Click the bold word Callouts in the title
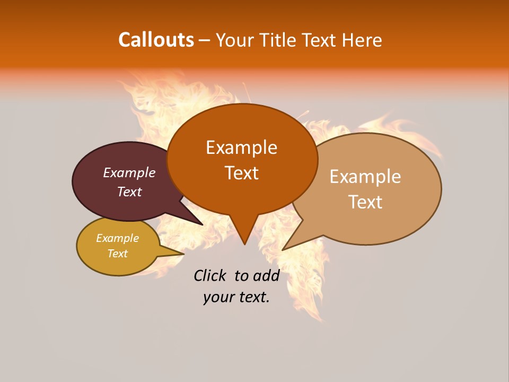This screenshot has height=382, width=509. pyautogui.click(x=156, y=40)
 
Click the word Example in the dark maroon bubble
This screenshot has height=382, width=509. pyautogui.click(x=129, y=172)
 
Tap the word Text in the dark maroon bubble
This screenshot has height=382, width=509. pyautogui.click(x=129, y=192)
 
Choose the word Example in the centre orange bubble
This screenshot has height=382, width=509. pyautogui.click(x=241, y=147)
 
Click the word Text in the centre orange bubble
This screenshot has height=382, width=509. pyautogui.click(x=241, y=173)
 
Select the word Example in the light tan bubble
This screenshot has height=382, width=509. pyautogui.click(x=365, y=177)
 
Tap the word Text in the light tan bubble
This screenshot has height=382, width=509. pyautogui.click(x=365, y=202)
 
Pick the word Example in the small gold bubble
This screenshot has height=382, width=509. pyautogui.click(x=117, y=238)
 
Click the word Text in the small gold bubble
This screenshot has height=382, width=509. pyautogui.click(x=117, y=254)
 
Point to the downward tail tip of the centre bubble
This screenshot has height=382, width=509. pyautogui.click(x=244, y=244)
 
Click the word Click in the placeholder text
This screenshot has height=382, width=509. pyautogui.click(x=210, y=275)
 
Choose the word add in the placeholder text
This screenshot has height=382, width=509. pyautogui.click(x=266, y=275)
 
